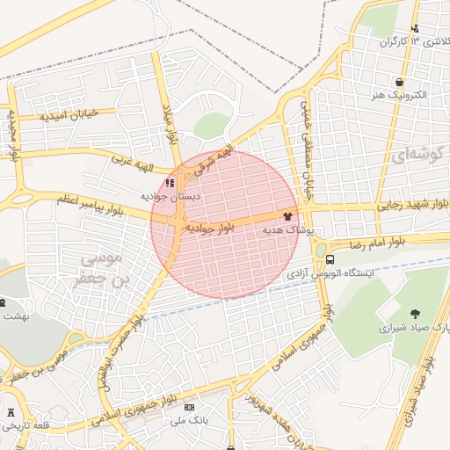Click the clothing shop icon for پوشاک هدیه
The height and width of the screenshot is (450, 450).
pyautogui.click(x=287, y=214)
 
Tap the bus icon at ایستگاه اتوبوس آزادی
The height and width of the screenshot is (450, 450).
pyautogui.click(x=330, y=259)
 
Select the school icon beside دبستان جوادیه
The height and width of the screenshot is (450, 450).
pyautogui.click(x=170, y=183)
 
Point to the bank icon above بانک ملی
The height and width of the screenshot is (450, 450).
pyautogui.click(x=189, y=408)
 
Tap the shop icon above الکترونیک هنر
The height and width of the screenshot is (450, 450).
pyautogui.click(x=400, y=81)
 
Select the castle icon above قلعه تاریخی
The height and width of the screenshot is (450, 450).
pyautogui.click(x=11, y=412)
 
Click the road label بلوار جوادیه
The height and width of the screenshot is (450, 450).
pyautogui.click(x=209, y=228)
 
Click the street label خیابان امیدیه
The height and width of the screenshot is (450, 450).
pyautogui.click(x=77, y=115)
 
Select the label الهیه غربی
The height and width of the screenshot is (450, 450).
pyautogui.click(x=132, y=161)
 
